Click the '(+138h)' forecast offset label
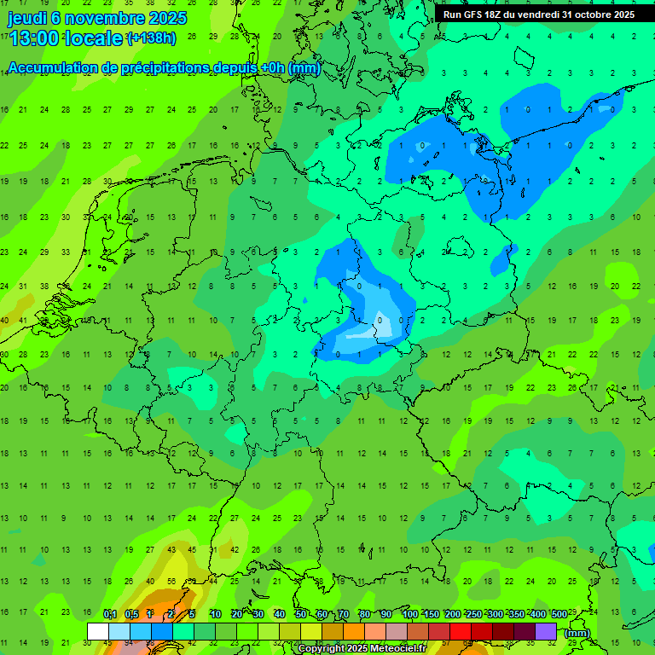tap(151, 38)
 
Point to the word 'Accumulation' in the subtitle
tap(51, 68)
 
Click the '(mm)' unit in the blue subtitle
tap(304, 68)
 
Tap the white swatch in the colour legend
tap(98, 631)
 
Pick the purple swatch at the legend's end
tap(546, 631)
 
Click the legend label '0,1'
tap(110, 614)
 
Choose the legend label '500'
tap(559, 614)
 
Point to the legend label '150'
tap(431, 614)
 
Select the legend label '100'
tap(409, 614)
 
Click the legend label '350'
tap(517, 614)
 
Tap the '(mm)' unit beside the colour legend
tap(577, 633)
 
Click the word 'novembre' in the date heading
tap(101, 18)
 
